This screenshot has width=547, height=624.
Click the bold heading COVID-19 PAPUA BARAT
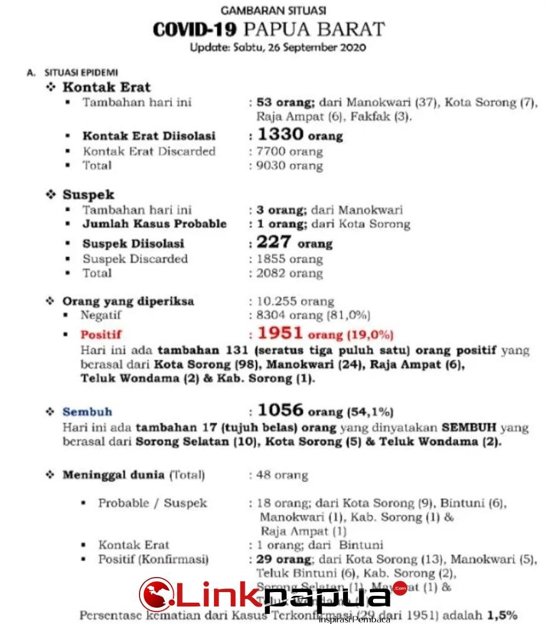point(268,29)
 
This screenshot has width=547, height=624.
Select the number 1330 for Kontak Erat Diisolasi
point(280,134)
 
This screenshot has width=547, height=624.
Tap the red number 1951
point(280,333)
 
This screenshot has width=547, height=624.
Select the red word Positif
point(101,335)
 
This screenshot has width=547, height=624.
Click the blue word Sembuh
point(87,412)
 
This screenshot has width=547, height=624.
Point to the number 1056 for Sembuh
point(280,410)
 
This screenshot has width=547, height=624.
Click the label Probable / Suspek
point(152,503)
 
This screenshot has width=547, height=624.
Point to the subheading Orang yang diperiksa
point(128,301)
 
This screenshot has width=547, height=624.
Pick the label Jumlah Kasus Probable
point(154,224)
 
